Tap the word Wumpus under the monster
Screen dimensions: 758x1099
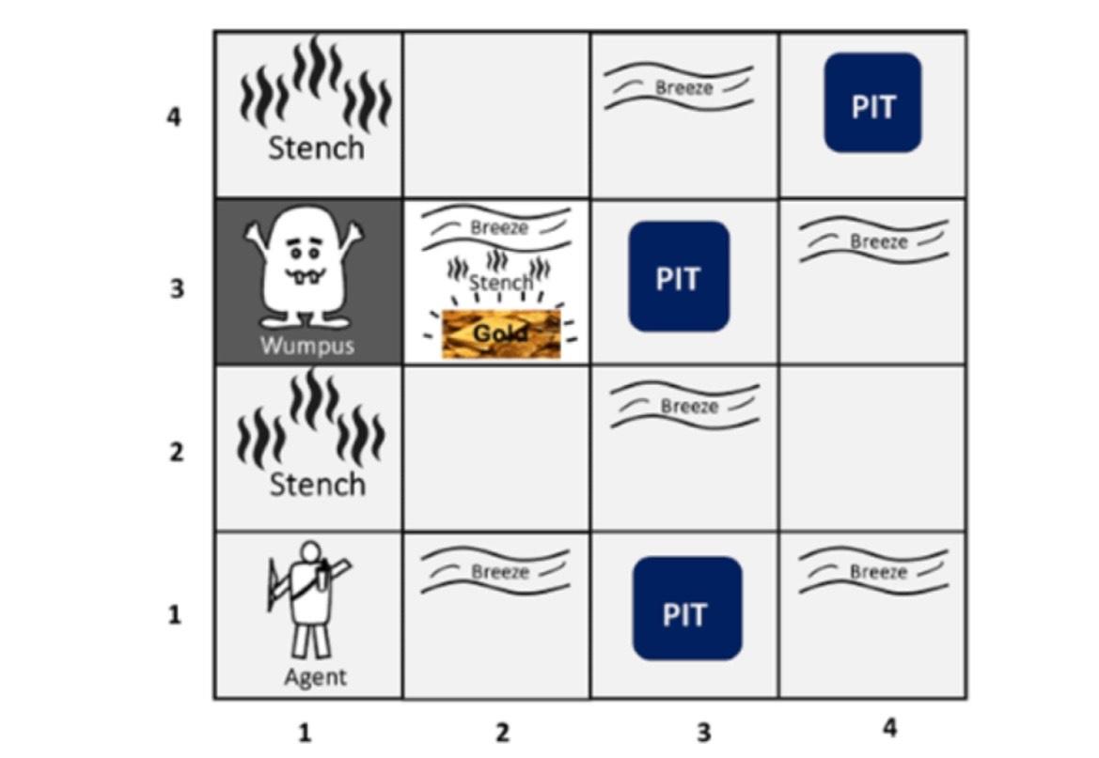tap(307, 345)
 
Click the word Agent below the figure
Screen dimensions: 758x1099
tap(315, 676)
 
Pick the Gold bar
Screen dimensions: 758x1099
tap(500, 333)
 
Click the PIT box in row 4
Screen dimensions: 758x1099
tap(872, 103)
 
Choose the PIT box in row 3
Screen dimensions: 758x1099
tap(679, 277)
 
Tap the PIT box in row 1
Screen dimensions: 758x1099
tap(686, 609)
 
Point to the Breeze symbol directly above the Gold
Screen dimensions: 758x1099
tap(497, 228)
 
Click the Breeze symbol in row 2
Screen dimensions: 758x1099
tap(686, 406)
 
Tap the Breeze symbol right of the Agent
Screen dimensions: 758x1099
tap(495, 571)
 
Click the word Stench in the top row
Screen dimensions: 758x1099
tap(316, 147)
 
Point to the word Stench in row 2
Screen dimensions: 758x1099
tap(317, 485)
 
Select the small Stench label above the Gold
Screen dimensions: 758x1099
tap(499, 282)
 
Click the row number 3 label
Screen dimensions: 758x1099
tap(176, 287)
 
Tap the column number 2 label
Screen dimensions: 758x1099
tap(501, 733)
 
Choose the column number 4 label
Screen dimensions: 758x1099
tap(889, 728)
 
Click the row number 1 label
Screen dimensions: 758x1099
tap(175, 615)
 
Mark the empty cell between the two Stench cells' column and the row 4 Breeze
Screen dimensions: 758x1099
tap(496, 115)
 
